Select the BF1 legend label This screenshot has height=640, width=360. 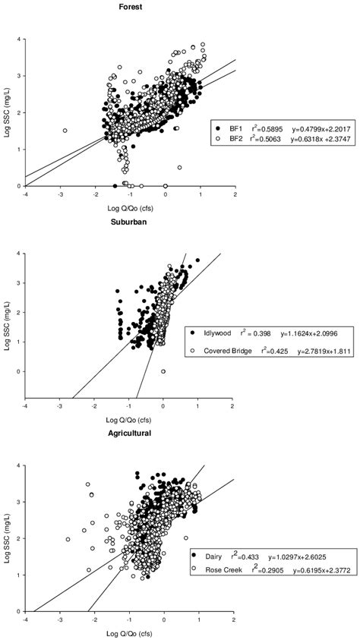coord(224,129)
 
